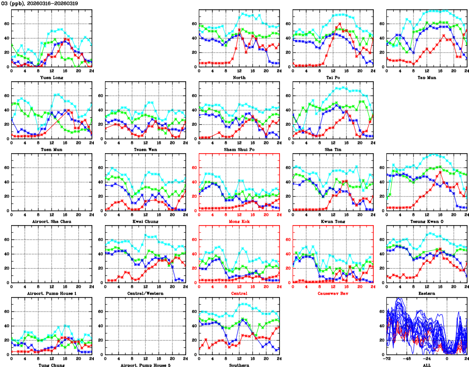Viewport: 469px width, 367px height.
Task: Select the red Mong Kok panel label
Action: pyautogui.click(x=239, y=221)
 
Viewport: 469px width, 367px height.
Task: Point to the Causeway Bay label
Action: pyautogui.click(x=333, y=293)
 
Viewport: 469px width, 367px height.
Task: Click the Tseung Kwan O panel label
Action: pyautogui.click(x=427, y=221)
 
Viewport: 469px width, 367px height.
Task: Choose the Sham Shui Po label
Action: pyautogui.click(x=239, y=149)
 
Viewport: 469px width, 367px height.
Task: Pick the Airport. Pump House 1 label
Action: pyautogui.click(x=51, y=293)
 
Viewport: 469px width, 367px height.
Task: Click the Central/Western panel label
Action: pyautogui.click(x=145, y=293)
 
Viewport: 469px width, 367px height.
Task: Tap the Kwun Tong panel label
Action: pyautogui.click(x=333, y=221)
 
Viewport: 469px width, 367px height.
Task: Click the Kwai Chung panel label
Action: pyautogui.click(x=145, y=221)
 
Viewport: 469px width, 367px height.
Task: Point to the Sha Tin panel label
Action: pyautogui.click(x=333, y=149)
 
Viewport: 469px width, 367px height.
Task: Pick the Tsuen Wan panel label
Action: pyautogui.click(x=145, y=149)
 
